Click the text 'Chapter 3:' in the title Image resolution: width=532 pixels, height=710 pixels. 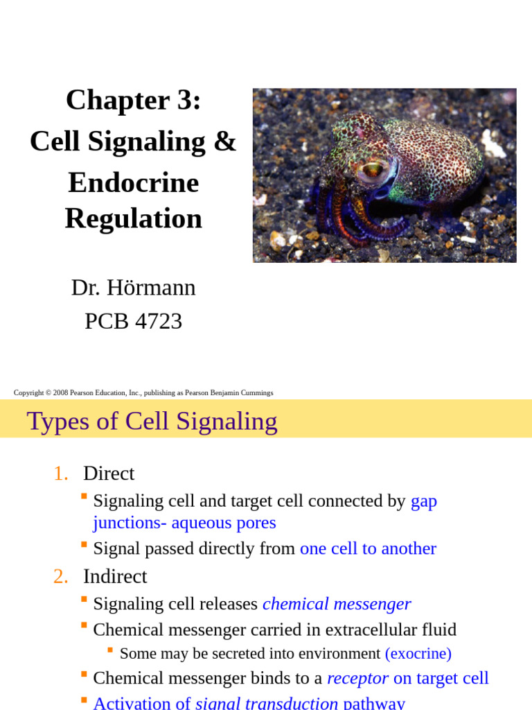(x=133, y=101)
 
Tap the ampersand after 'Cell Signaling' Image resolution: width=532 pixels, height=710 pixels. (x=224, y=142)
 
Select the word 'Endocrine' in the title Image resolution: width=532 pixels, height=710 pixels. (x=133, y=183)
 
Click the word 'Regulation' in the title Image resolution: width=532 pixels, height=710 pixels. (x=133, y=218)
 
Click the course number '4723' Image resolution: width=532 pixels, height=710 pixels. (x=159, y=321)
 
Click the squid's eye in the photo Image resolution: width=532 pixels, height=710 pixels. (x=371, y=168)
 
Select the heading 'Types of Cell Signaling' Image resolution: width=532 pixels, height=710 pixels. (x=152, y=421)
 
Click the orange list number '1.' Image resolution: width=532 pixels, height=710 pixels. (x=61, y=474)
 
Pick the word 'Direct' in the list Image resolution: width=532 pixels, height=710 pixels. (x=109, y=474)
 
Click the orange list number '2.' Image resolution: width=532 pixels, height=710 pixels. (x=61, y=576)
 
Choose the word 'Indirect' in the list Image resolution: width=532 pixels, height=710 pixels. (x=115, y=576)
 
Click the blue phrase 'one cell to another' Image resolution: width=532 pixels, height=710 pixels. (x=368, y=548)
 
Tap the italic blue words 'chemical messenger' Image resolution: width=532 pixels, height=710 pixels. (x=337, y=604)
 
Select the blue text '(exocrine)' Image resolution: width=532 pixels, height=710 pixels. (x=418, y=653)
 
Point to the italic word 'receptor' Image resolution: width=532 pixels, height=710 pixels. (x=357, y=678)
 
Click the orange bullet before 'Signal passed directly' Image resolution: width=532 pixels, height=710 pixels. (x=84, y=545)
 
